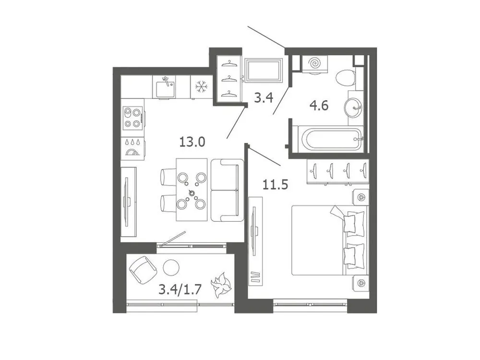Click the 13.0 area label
click(192, 142)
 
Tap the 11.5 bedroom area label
click(275, 184)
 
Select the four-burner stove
click(132, 118)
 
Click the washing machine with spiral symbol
click(315, 64)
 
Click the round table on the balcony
click(170, 267)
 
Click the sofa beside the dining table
click(227, 190)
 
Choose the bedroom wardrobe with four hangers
click(338, 171)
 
